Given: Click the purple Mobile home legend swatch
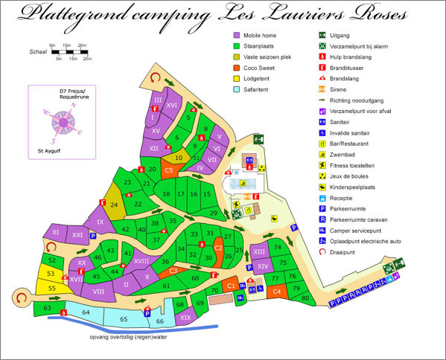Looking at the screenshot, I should [x=238, y=35].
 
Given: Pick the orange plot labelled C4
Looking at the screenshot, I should [x=276, y=292].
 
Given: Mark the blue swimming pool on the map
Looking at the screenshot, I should [x=243, y=182].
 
